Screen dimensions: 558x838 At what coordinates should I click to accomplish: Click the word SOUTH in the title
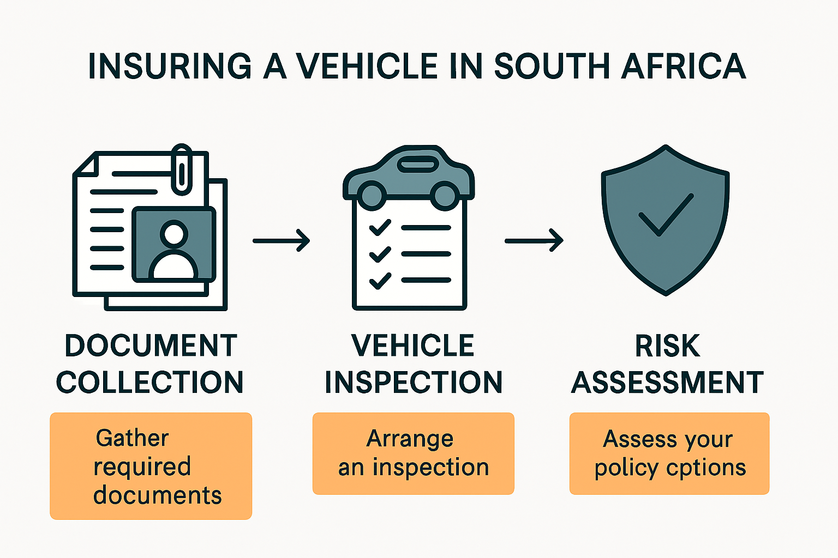pyautogui.click(x=552, y=66)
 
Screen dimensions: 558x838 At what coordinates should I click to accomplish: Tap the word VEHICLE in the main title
pyautogui.click(x=367, y=66)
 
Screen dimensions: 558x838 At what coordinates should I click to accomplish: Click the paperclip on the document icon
pyautogui.click(x=182, y=169)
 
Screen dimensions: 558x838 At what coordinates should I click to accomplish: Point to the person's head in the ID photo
pyautogui.click(x=173, y=234)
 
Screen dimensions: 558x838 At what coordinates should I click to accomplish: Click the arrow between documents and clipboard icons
pyautogui.click(x=281, y=240)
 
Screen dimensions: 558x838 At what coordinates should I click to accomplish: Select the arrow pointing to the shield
pyautogui.click(x=534, y=240)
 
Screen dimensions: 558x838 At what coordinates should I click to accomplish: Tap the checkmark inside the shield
pyautogui.click(x=666, y=215)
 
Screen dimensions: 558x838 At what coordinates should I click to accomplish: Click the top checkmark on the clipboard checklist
pyautogui.click(x=380, y=227)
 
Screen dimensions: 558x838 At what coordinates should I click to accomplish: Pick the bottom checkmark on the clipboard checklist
pyautogui.click(x=380, y=280)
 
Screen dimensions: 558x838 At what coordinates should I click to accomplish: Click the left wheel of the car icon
pyautogui.click(x=373, y=195)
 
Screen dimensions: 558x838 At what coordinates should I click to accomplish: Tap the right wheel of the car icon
pyautogui.click(x=445, y=195)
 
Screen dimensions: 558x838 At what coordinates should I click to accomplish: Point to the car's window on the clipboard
pyautogui.click(x=417, y=163)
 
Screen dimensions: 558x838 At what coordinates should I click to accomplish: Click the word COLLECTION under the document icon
pyautogui.click(x=150, y=382)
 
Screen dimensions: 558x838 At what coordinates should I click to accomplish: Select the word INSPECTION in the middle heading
pyautogui.click(x=414, y=382)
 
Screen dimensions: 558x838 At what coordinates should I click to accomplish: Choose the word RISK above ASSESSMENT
pyautogui.click(x=667, y=346)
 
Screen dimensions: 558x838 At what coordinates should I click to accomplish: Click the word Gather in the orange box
pyautogui.click(x=132, y=438)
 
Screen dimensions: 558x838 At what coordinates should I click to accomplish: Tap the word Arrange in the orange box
pyautogui.click(x=410, y=439)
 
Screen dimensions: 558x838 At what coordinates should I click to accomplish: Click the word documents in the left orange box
pyautogui.click(x=157, y=495)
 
